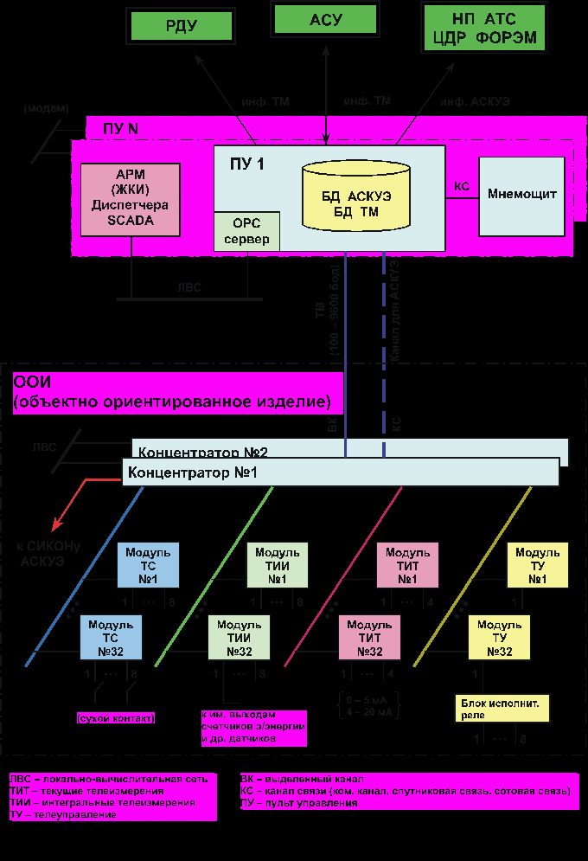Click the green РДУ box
pyautogui.click(x=182, y=26)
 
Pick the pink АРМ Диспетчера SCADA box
pyautogui.click(x=131, y=199)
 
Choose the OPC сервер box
pyautogui.click(x=246, y=231)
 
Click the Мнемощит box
pyautogui.click(x=521, y=194)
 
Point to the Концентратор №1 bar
pyautogui.click(x=340, y=472)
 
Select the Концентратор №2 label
pyautogui.click(x=204, y=452)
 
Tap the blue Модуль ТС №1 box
pyautogui.click(x=148, y=565)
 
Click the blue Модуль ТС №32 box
pyautogui.click(x=111, y=638)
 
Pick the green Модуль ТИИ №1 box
pyautogui.click(x=277, y=565)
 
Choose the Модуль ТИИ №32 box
pyautogui.click(x=240, y=638)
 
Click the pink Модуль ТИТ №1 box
pyautogui.click(x=407, y=565)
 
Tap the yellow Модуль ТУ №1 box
pyautogui.click(x=537, y=565)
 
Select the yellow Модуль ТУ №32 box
pyautogui.click(x=499, y=638)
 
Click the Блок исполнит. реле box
pyautogui.click(x=502, y=709)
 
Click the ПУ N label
pyautogui.click(x=120, y=129)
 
